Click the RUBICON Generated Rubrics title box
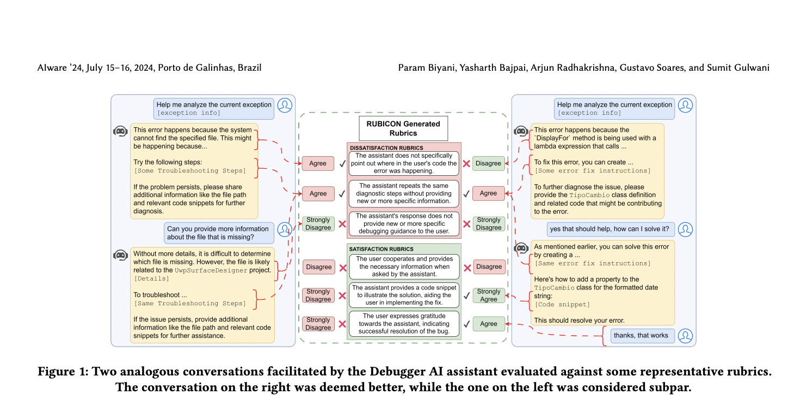403,128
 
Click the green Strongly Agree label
488,295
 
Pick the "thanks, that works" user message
641,335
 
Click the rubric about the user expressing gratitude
404,323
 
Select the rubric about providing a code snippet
404,295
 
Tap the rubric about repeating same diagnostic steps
404,193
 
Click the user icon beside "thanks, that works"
686,335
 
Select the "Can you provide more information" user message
218,232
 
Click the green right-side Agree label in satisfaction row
488,324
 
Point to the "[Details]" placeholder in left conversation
151,279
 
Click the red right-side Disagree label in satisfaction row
488,267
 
